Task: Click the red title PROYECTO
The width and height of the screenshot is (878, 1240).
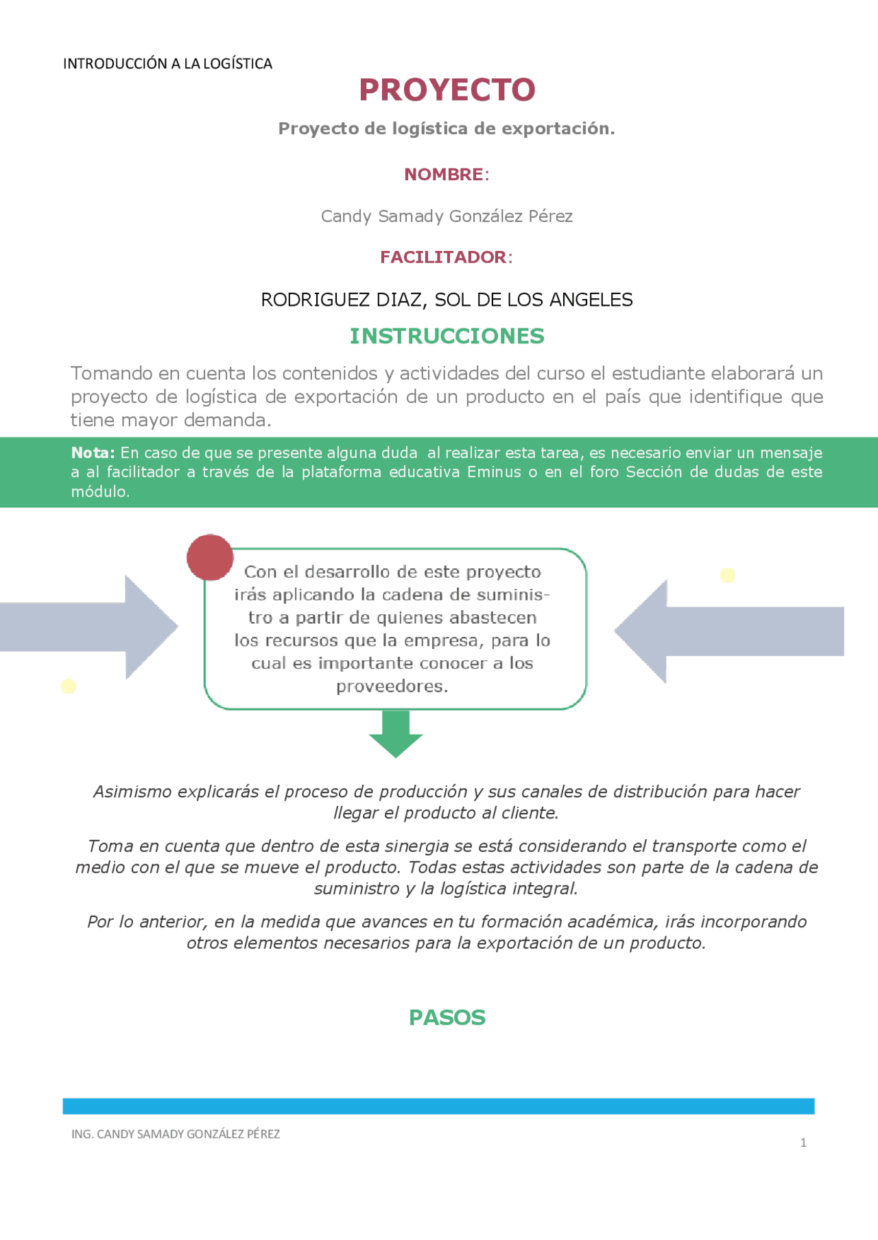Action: (447, 90)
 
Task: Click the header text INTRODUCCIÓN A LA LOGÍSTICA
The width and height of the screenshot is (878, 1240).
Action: (167, 64)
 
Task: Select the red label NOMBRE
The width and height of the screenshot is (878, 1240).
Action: (444, 175)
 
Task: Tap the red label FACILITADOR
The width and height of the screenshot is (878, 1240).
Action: (444, 257)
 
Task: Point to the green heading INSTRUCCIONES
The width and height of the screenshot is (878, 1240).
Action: (447, 336)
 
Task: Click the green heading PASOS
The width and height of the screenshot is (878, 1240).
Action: (447, 1017)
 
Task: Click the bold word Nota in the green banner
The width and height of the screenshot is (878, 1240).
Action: (92, 453)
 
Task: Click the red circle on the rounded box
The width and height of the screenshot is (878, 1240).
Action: (210, 557)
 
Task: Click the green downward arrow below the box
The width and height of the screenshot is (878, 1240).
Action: (396, 734)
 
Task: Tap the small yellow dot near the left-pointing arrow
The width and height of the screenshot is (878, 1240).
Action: (728, 575)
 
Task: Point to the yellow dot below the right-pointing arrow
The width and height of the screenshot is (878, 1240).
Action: (69, 686)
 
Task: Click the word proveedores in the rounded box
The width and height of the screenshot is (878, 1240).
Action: (392, 686)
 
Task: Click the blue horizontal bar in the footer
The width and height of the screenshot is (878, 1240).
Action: (438, 1106)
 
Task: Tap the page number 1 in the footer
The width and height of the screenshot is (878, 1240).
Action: (803, 1143)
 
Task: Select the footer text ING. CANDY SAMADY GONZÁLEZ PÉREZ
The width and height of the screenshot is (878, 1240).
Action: (176, 1134)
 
